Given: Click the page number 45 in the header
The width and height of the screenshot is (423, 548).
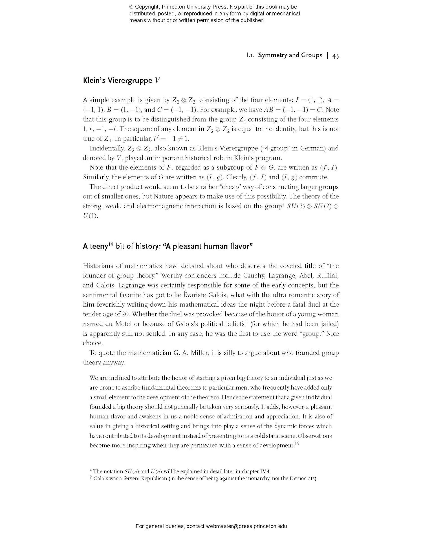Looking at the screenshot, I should [335, 56].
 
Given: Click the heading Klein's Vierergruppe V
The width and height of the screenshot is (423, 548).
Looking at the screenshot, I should [121, 80].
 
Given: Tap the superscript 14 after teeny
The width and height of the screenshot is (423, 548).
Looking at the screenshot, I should [111, 244].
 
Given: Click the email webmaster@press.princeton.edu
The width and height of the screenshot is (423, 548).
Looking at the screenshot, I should [246, 526].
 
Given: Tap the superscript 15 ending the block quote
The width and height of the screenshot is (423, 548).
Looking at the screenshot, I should [296, 444].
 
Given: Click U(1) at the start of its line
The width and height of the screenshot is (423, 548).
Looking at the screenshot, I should [90, 216].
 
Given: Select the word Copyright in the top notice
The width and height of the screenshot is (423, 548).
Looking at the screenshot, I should [146, 7].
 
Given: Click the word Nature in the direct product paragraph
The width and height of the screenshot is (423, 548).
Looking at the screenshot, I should [163, 197].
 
